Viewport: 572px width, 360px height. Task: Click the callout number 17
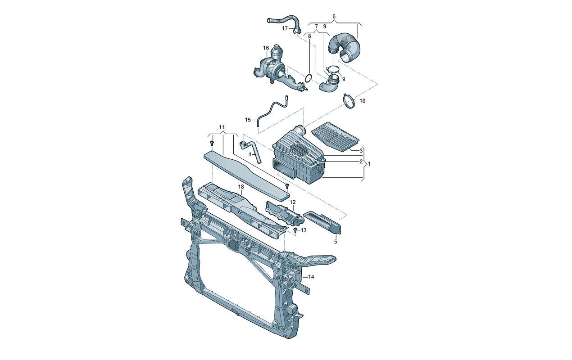(x=285, y=28)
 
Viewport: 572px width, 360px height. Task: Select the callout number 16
(x=266, y=48)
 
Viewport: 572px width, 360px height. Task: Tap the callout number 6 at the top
(x=334, y=16)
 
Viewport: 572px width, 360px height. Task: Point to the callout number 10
(x=362, y=101)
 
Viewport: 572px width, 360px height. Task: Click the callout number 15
(x=248, y=120)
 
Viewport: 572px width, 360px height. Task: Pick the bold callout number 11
(x=222, y=127)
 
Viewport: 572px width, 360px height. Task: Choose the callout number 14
(x=311, y=277)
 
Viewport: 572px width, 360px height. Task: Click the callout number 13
(x=304, y=230)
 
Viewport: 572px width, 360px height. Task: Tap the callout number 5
(x=336, y=242)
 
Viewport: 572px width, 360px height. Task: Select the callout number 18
(x=241, y=187)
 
